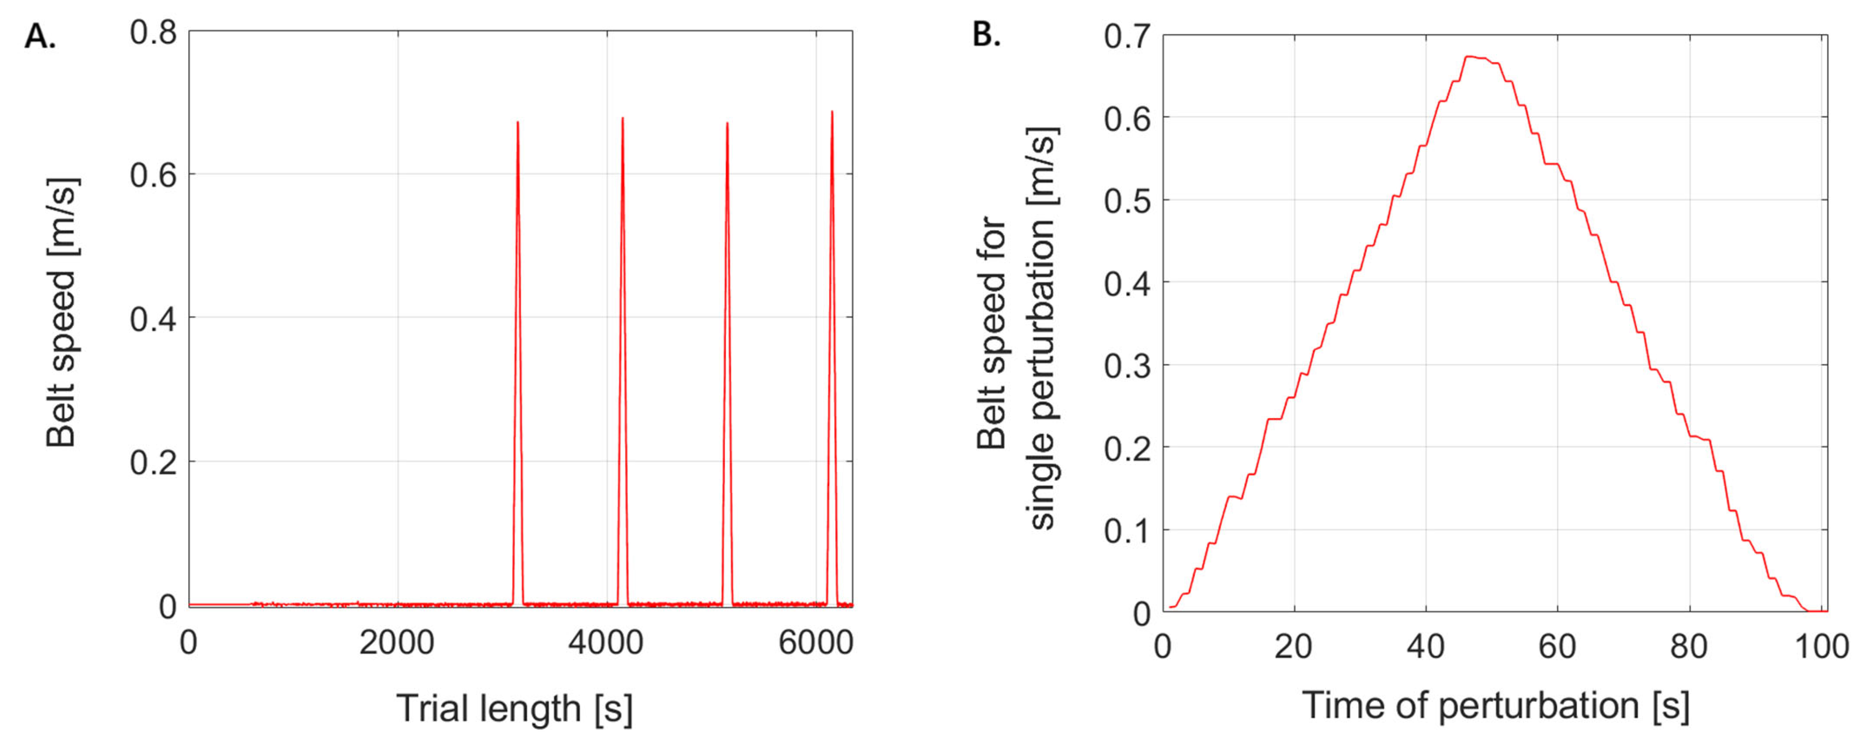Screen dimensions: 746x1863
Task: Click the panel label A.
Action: (40, 36)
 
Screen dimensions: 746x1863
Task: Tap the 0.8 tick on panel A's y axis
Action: (153, 32)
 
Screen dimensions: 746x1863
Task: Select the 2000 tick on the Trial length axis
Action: (396, 643)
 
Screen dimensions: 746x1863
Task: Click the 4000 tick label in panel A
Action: (605, 643)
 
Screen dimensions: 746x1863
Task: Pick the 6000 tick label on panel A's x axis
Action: (815, 643)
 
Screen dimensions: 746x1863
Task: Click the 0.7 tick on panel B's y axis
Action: (1127, 36)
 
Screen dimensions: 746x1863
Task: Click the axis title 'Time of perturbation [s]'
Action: (1496, 705)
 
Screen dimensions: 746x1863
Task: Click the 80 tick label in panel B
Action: (1689, 646)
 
